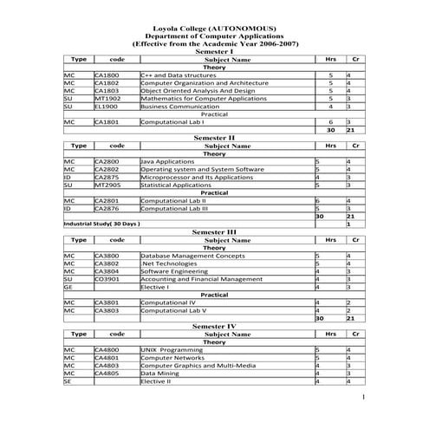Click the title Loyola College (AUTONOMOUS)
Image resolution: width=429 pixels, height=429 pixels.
pos(214,29)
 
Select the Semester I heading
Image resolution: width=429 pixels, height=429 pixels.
pos(214,52)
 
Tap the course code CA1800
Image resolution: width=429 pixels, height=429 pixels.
pos(107,75)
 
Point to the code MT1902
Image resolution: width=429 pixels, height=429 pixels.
pos(107,99)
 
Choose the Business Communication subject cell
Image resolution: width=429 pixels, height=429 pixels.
pos(178,107)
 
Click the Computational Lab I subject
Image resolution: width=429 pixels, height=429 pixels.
pos(172,122)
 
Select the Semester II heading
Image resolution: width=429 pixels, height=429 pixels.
pos(214,138)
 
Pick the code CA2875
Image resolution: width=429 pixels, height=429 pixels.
pos(107,177)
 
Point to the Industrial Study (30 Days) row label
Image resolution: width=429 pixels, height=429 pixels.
pos(102,224)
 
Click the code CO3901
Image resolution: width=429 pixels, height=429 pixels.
pos(107,279)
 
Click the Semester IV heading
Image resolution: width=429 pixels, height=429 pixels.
pos(214,326)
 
